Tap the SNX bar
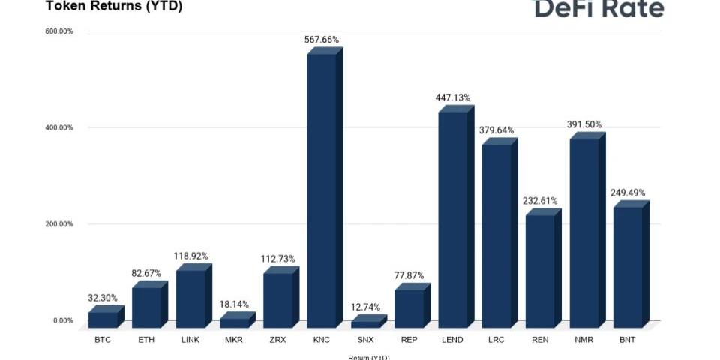coord(365,324)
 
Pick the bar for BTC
coord(103,319)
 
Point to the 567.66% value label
coord(322,40)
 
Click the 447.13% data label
coord(453,97)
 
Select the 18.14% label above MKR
coord(233,304)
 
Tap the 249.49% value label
coord(628,193)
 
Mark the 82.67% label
coord(146,273)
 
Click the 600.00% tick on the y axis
coord(59,31)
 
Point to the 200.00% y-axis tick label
coord(59,224)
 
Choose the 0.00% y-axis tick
coord(63,321)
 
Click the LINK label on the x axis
coord(190,340)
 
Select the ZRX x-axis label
coord(278,340)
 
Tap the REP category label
coord(409,340)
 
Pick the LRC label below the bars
coord(496,340)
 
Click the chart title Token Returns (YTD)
coord(114,7)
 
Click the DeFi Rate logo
coord(598,8)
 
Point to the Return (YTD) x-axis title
coord(369,357)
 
